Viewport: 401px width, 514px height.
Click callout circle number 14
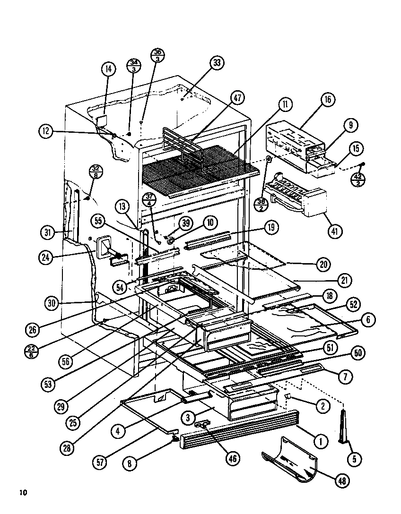[108, 69]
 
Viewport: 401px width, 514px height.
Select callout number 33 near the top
[217, 63]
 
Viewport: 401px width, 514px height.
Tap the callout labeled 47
[237, 98]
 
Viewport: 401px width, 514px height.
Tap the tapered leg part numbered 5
[344, 428]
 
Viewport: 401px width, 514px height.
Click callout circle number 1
[321, 442]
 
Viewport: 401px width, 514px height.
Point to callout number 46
[233, 458]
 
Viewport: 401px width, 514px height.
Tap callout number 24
[47, 257]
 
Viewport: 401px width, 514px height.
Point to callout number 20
[323, 265]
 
